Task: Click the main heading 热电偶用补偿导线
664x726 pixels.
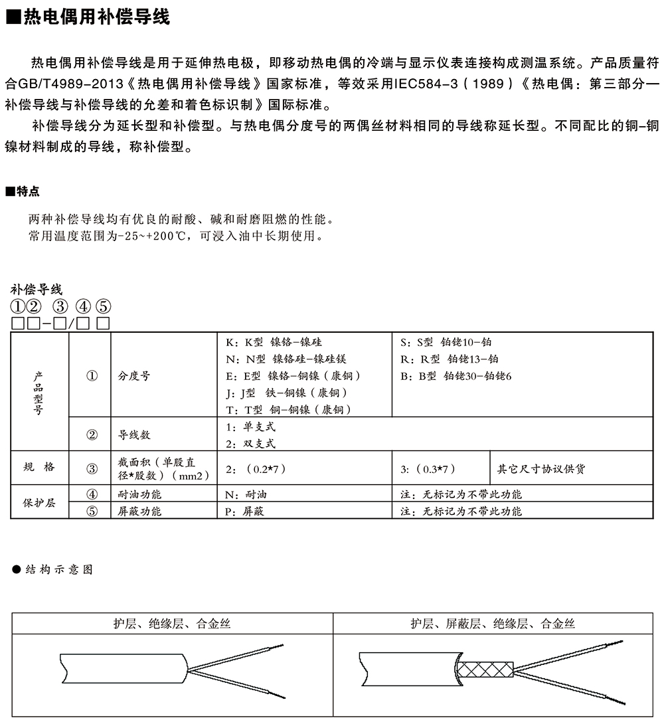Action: [x=96, y=17]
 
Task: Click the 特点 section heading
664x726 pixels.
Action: [x=27, y=192]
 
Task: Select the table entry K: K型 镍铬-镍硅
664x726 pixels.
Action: [x=274, y=343]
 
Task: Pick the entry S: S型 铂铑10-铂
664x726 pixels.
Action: [x=446, y=343]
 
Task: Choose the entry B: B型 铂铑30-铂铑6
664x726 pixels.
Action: [x=456, y=376]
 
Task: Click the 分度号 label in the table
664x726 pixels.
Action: [x=134, y=376]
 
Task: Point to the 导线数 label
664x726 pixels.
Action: [x=134, y=435]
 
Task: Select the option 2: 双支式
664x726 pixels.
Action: [x=250, y=443]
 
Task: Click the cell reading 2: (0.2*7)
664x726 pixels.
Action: [x=256, y=469]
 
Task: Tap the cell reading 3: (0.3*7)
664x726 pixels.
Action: [x=428, y=469]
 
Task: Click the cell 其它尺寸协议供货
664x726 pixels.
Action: [x=541, y=469]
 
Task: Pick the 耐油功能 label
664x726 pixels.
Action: [x=139, y=494]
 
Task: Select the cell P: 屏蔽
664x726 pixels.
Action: [x=245, y=511]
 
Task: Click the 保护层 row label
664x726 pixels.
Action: [x=39, y=503]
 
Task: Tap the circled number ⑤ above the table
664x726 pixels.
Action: [x=103, y=307]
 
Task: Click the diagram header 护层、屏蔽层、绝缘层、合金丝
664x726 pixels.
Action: [x=493, y=624]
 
